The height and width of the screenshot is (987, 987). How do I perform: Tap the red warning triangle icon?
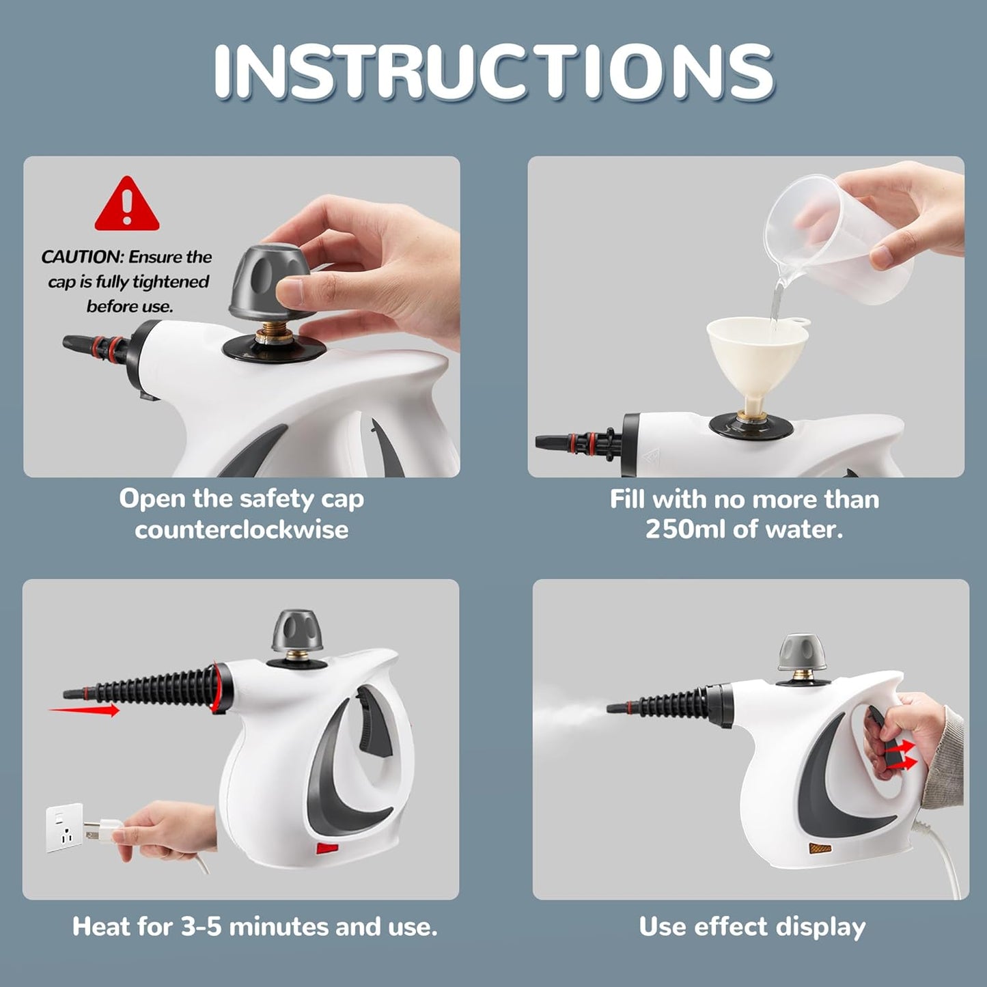click(x=126, y=206)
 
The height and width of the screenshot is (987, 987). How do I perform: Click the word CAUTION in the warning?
click(x=81, y=258)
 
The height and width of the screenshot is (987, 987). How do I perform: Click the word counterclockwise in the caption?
click(x=241, y=529)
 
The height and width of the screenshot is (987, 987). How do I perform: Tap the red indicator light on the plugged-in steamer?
click(x=327, y=849)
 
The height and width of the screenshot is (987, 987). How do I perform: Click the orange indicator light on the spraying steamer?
click(x=820, y=848)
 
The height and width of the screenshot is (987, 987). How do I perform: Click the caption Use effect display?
click(x=751, y=927)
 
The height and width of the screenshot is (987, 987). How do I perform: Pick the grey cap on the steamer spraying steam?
click(x=802, y=652)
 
